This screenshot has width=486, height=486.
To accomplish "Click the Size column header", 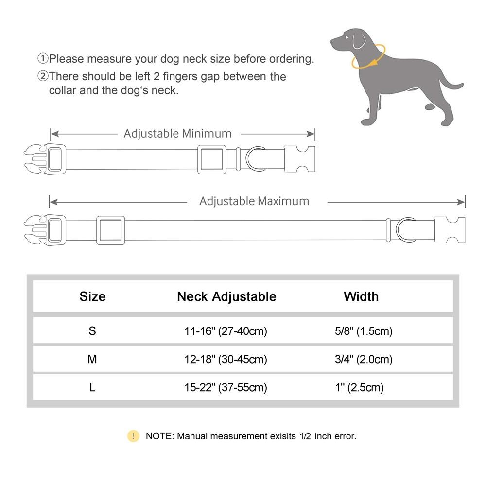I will (92, 296).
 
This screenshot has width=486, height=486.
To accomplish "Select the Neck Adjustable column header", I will (226, 296).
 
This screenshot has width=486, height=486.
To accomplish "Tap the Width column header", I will (361, 296).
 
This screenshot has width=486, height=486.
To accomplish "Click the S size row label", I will (92, 331).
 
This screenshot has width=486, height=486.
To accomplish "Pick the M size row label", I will (92, 359).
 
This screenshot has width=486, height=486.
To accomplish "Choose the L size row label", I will (92, 387).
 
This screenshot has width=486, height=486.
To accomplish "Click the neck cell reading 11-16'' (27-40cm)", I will (226, 331).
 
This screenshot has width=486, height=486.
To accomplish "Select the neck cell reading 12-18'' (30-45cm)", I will (226, 359).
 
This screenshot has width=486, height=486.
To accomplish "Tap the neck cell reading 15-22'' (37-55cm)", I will (226, 387).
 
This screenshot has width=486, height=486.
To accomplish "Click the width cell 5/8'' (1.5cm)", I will (360, 331).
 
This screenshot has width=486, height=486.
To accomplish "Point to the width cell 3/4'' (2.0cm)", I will (360, 359).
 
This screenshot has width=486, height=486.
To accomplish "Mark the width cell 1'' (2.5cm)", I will (360, 387).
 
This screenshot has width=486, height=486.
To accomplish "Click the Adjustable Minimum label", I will (177, 133).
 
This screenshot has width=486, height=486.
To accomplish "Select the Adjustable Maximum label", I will (254, 201).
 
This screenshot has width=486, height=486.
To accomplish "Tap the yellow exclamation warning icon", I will (133, 436).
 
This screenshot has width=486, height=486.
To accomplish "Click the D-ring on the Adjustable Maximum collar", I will (405, 229).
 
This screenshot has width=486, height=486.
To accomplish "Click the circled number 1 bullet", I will (43, 59).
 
